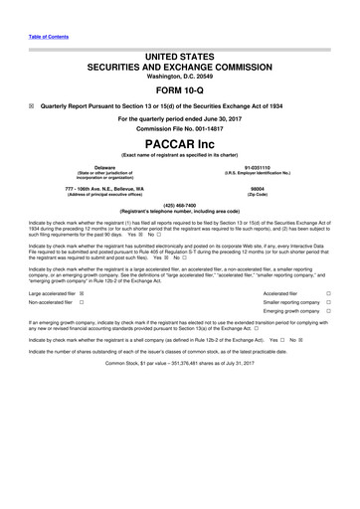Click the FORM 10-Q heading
180,89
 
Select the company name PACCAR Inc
180,145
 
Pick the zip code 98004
257,188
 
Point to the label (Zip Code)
257,194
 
